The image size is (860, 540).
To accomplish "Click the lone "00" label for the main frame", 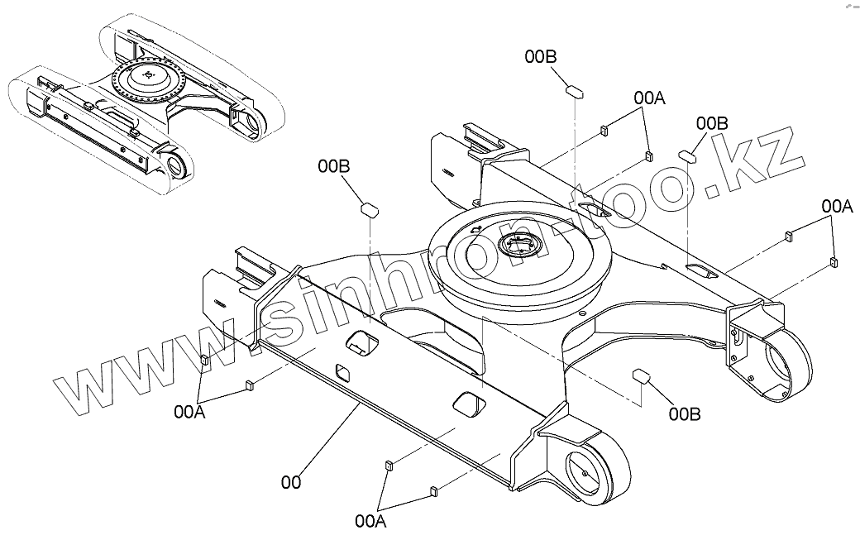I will pos(290,480).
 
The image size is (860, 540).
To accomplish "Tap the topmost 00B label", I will pos(541,56).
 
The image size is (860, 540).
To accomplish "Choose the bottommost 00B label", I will pos(685,413).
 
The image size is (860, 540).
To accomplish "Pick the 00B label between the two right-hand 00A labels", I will pos(711,123).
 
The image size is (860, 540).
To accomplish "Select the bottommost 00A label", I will pos(370,520).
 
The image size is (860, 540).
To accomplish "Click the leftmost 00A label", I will pos(189,410).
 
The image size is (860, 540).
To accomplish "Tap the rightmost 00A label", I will pos(837,205).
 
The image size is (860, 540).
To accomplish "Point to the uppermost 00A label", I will pos(650,98).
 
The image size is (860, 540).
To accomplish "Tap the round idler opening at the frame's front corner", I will pos(590,473).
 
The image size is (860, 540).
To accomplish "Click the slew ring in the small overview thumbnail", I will pos(149,78).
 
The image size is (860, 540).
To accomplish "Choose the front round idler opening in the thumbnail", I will pos(176,165).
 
